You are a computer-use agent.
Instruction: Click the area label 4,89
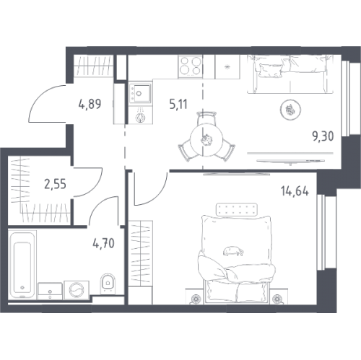pyautogui.click(x=90, y=104)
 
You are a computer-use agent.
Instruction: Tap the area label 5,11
pyautogui.click(x=178, y=104)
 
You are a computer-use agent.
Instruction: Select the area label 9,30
pyautogui.click(x=323, y=136)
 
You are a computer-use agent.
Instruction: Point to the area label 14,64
pyautogui.click(x=295, y=192)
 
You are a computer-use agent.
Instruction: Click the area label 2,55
pyautogui.click(x=55, y=184)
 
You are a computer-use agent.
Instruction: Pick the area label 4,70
pyautogui.click(x=103, y=243)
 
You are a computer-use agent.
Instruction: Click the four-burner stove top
pyautogui.click(x=190, y=66)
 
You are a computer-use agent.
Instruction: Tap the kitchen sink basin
pyautogui.click(x=140, y=93)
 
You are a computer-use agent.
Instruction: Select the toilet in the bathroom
pyautogui.click(x=108, y=284)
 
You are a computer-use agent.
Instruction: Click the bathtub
pyautogui.click(x=22, y=265)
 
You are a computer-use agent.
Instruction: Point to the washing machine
pyautogui.click(x=77, y=290)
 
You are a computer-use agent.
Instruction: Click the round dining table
pyautogui.click(x=204, y=140)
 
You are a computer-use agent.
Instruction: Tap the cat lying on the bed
pyautogui.click(x=233, y=251)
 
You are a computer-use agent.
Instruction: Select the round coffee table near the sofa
pyautogui.click(x=291, y=110)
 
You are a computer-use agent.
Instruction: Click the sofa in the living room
pyautogui.click(x=291, y=74)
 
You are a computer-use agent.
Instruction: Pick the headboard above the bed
pyautogui.click(x=237, y=209)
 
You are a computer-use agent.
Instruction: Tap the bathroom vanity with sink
pyautogui.click(x=50, y=291)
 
